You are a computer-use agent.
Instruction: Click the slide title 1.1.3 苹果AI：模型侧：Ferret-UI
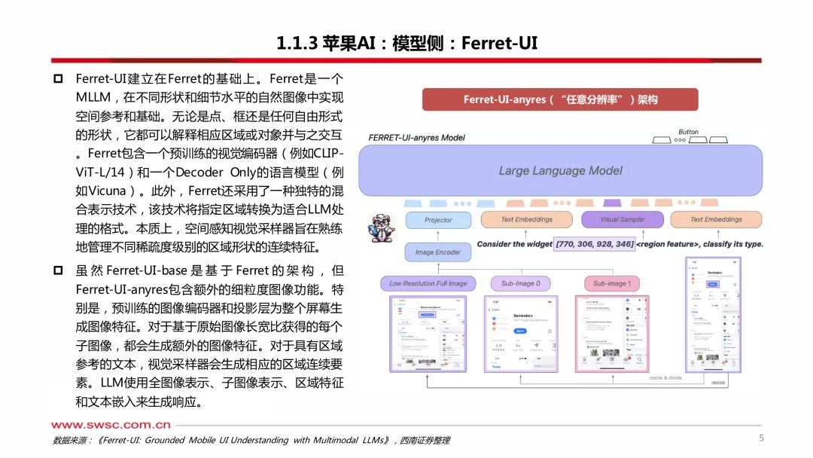coord(406,42)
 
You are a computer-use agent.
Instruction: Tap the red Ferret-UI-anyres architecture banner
coord(560,99)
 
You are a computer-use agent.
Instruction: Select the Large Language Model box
coord(560,170)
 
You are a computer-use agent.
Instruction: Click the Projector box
coord(438,220)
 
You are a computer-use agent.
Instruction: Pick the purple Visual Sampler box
coord(622,219)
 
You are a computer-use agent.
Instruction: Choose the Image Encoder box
coord(438,252)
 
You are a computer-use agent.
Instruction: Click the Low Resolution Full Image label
coord(428,284)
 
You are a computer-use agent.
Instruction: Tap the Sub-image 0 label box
coord(520,284)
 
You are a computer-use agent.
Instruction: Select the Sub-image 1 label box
coord(612,284)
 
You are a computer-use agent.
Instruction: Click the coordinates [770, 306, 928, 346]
coord(594,244)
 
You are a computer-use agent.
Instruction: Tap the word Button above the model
coord(688,132)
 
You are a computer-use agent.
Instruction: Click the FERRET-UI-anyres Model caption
coord(416,138)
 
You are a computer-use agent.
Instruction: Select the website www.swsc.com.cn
coord(111,425)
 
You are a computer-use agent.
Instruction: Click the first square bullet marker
coord(58,79)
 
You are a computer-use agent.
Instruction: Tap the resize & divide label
coord(665,377)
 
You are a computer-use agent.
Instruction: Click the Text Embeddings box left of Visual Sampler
coord(527,219)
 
